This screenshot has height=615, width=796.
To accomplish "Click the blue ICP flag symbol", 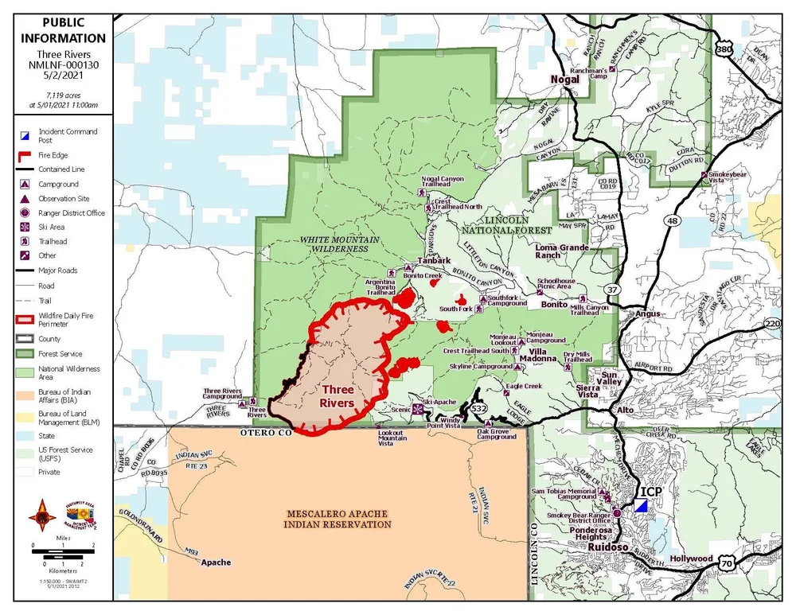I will (642, 505).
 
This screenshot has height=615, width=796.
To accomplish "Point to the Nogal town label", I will (565, 80).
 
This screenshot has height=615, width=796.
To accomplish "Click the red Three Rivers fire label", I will (337, 396).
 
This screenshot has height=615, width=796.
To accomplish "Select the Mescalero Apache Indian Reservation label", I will (338, 519).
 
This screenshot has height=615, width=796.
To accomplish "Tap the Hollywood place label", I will (691, 559).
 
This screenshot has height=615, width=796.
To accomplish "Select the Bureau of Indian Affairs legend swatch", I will (25, 392).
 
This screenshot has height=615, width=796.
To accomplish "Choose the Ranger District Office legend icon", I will (25, 213).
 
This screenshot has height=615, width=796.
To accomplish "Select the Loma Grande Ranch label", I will (562, 251).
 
